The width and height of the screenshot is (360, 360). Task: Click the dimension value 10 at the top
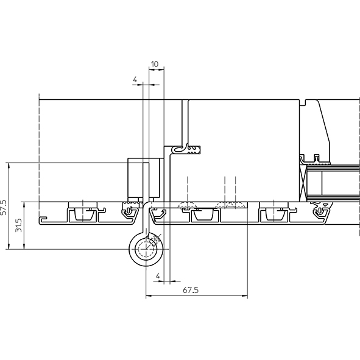coord(155,64)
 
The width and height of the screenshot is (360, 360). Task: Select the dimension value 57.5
coord(4,207)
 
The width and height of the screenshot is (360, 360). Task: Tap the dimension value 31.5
coord(19,225)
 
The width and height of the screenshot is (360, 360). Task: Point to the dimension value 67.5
coord(191,290)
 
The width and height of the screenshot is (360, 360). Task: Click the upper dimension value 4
coord(135,80)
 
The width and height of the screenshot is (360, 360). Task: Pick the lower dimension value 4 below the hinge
coord(158,276)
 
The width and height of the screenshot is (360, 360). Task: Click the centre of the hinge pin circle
coord(146,249)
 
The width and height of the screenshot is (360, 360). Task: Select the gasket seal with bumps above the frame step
coord(194,150)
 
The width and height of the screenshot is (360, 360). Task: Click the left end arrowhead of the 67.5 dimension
coord(149,295)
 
